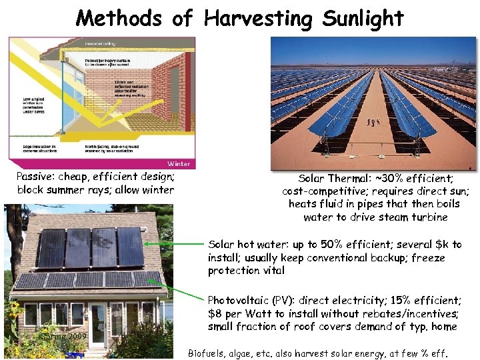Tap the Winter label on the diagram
[x=179, y=163]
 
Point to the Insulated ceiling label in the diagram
[x=100, y=43]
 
